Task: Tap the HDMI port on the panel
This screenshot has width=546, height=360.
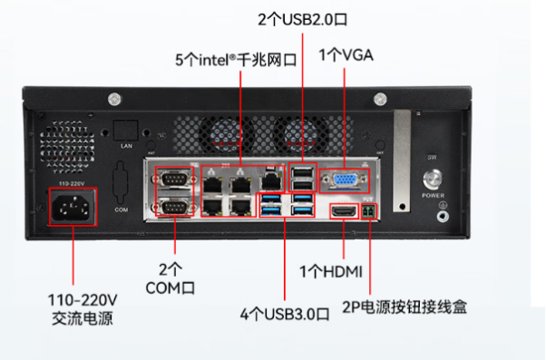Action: tap(344, 211)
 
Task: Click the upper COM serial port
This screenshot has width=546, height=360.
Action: tap(175, 179)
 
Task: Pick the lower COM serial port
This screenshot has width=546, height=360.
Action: tap(175, 209)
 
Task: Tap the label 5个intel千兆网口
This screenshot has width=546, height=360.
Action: tap(236, 60)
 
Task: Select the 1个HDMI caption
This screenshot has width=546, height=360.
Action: tap(331, 272)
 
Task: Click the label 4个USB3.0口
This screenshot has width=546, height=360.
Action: tap(284, 314)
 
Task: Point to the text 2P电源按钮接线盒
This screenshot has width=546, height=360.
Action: tap(405, 306)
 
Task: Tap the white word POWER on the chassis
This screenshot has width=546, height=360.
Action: tap(433, 195)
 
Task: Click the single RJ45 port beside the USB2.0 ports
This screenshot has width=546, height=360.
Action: tap(271, 180)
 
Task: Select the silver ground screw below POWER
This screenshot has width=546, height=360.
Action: tap(443, 214)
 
